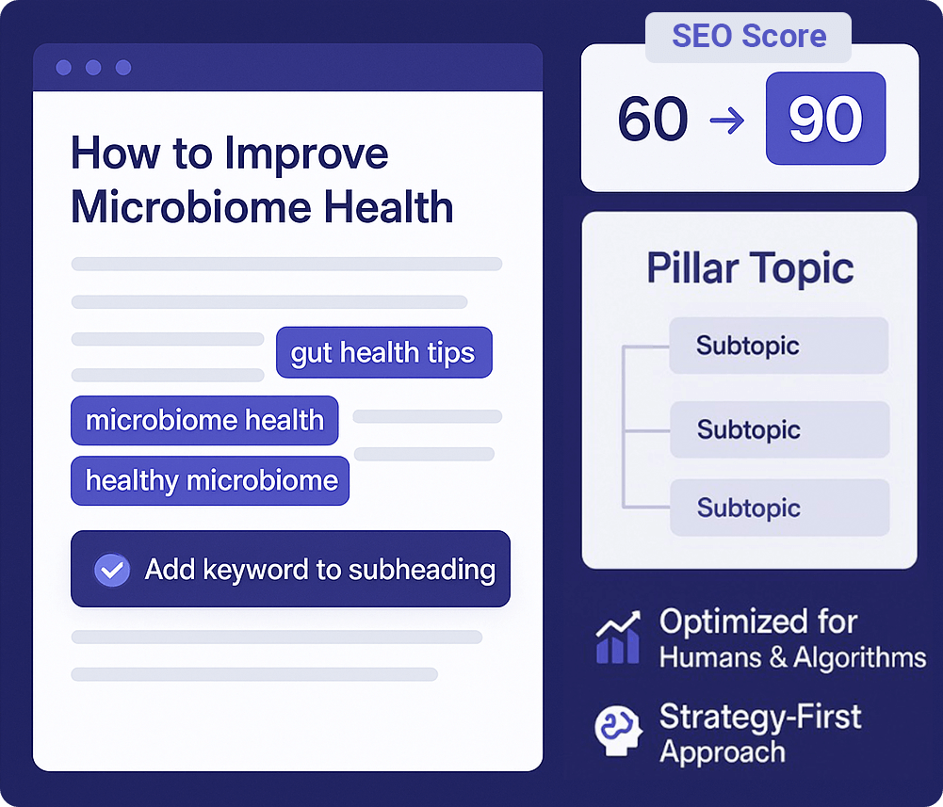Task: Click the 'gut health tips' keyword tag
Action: tap(384, 352)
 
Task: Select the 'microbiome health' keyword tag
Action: tap(204, 420)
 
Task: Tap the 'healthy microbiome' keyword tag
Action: tap(210, 480)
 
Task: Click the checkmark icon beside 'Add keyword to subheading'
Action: tap(112, 570)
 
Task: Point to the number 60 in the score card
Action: tap(653, 119)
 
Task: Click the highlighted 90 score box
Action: tap(826, 119)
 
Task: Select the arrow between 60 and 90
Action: tap(727, 121)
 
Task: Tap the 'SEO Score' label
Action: tap(749, 36)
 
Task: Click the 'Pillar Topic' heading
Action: tap(750, 268)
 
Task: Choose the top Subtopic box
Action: tap(779, 346)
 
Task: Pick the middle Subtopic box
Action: tap(780, 429)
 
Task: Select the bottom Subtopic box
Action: tap(780, 508)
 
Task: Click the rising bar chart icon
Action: tap(618, 638)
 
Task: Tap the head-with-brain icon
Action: tap(618, 731)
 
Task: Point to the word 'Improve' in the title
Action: tap(307, 154)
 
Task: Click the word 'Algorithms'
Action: tap(859, 657)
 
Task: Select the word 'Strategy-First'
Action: tap(760, 718)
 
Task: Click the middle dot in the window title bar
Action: tap(93, 68)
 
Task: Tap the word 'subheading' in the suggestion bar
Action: tap(422, 570)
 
